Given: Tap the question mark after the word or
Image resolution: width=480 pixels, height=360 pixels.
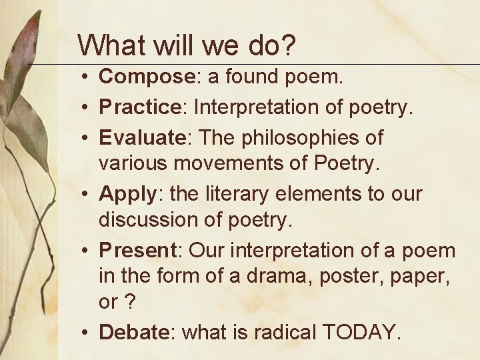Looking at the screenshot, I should (129, 302).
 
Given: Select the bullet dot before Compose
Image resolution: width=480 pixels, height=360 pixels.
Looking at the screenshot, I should (87, 77).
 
